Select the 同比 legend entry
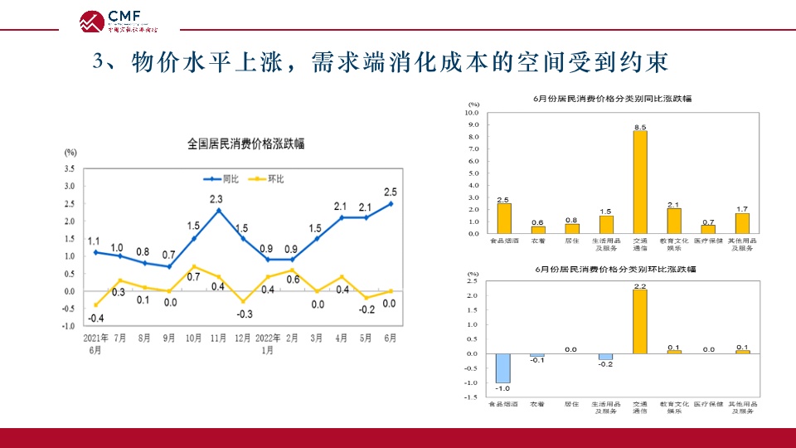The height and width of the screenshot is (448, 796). click(221, 178)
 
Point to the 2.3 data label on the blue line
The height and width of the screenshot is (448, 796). click(216, 199)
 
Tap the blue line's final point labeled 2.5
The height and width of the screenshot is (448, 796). click(391, 203)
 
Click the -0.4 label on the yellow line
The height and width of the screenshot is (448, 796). click(97, 319)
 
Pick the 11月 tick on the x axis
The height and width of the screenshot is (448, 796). click(218, 338)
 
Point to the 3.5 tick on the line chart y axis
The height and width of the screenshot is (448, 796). click(70, 168)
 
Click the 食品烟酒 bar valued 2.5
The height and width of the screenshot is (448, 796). click(504, 218)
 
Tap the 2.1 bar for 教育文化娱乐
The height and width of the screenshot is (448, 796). click(674, 221)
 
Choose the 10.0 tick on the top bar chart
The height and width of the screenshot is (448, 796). click(473, 112)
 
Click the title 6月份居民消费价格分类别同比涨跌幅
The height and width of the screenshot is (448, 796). click(612, 98)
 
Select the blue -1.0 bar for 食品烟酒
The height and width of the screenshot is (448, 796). click(503, 368)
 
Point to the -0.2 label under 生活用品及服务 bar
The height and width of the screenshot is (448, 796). click(606, 365)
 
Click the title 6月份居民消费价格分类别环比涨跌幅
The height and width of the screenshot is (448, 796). click(612, 270)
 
